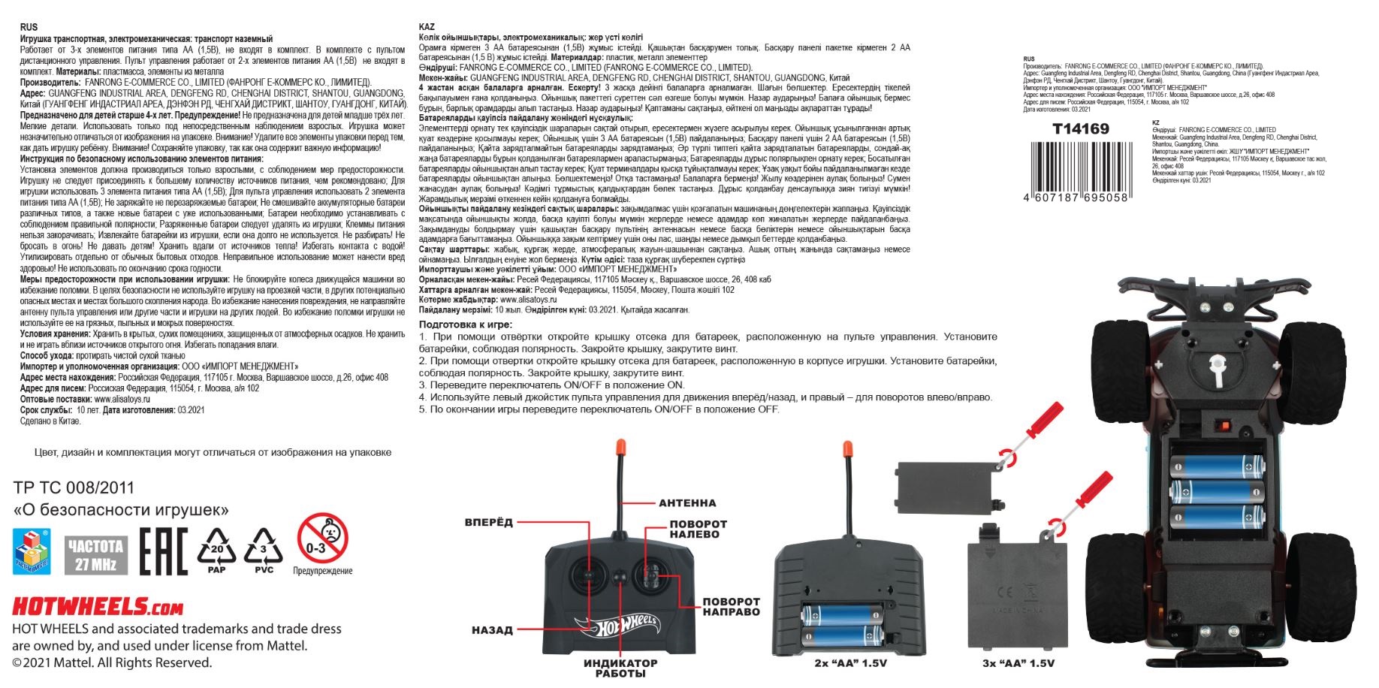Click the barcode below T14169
coord(1076,166)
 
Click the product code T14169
coord(1080,129)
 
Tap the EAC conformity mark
coord(163,551)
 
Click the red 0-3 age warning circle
coord(322,539)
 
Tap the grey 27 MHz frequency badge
coord(95,554)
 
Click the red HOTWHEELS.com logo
coord(98,606)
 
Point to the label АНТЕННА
coord(687,503)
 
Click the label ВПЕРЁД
coord(489,522)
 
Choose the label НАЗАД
coord(492,630)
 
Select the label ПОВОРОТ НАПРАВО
coord(731,607)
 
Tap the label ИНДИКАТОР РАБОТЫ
coord(620,668)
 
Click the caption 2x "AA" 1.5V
coord(850,663)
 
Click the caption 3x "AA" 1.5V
coord(1018,663)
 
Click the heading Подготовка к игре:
coord(466,324)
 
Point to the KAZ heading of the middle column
coord(426,27)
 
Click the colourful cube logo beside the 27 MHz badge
coord(32,551)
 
